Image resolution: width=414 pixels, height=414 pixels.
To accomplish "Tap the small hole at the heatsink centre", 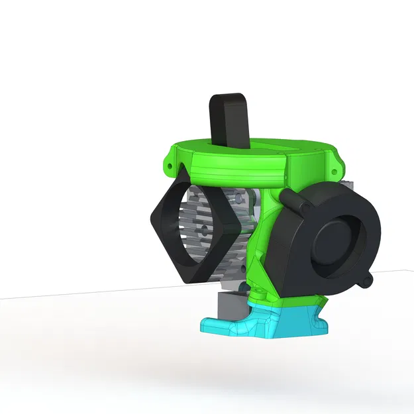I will [203, 229].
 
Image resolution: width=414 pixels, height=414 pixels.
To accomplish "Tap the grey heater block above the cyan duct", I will [228, 305].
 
